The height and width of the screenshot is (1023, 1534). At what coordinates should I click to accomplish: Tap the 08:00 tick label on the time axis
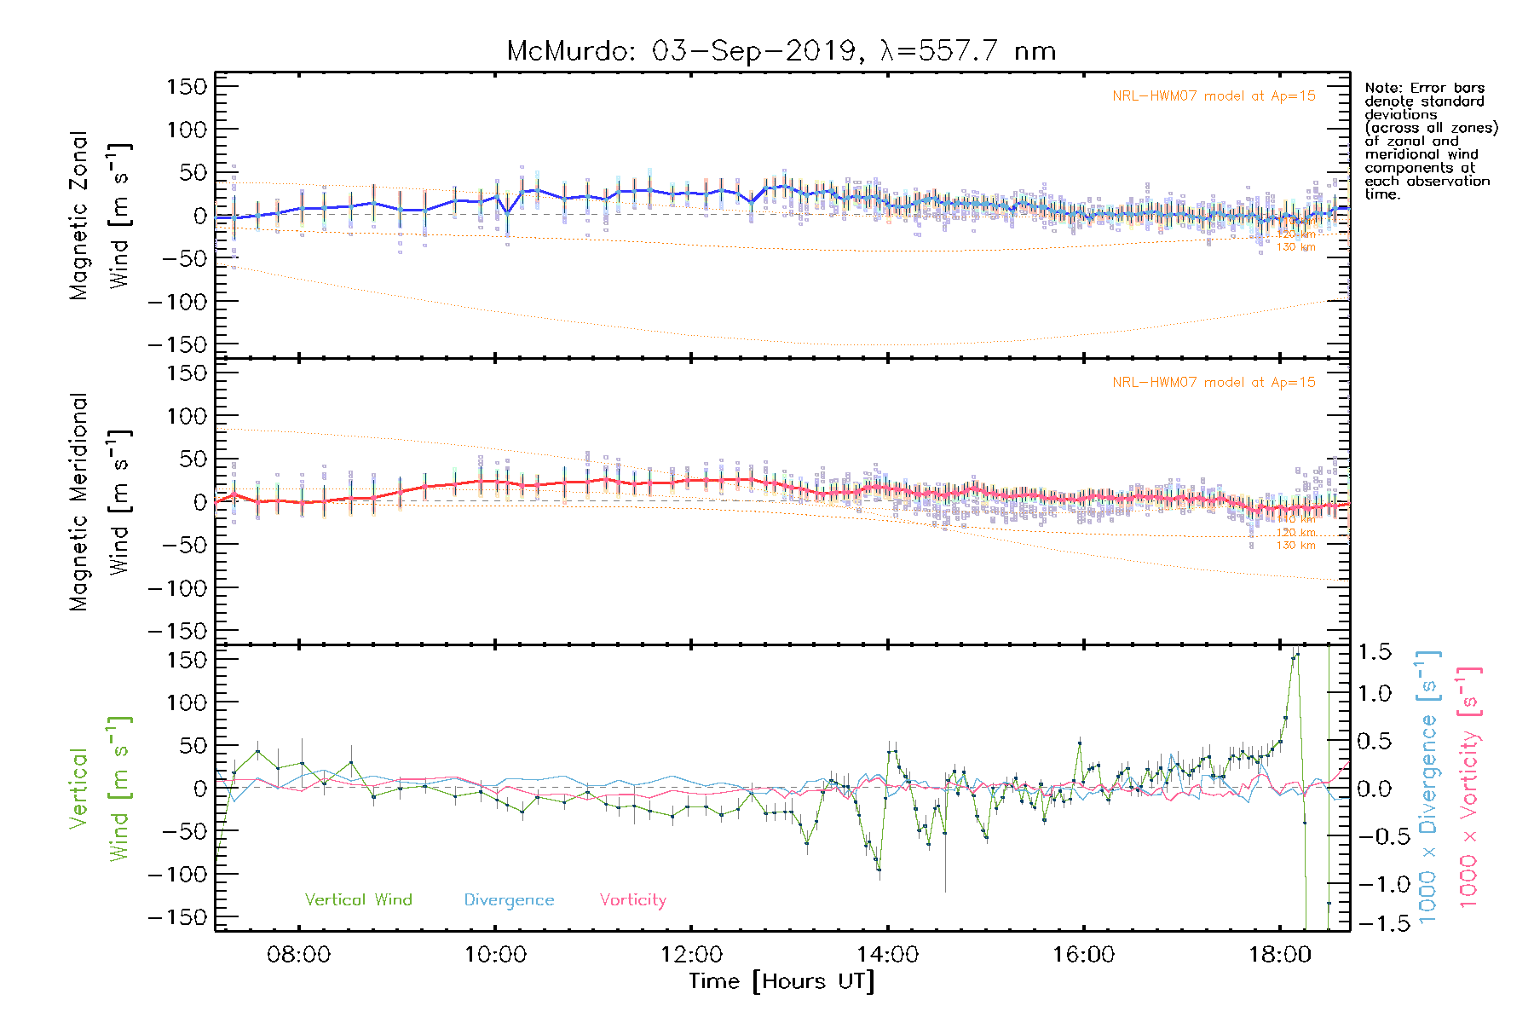click(298, 955)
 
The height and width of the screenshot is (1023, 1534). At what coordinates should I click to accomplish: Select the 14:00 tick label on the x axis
click(887, 955)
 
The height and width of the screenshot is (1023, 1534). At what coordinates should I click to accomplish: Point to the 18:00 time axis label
click(1279, 955)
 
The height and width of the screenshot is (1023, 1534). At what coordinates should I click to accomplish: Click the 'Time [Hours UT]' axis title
click(781, 981)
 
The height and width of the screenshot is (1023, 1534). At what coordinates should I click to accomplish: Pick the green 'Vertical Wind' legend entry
click(358, 900)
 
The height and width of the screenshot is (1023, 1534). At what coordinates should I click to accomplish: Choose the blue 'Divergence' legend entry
click(509, 900)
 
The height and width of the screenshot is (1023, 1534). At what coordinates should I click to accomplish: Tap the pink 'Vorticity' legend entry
click(632, 900)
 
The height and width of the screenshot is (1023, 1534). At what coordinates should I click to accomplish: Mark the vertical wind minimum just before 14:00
click(879, 870)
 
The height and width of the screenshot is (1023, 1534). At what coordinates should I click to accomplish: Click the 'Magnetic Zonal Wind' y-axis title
click(99, 216)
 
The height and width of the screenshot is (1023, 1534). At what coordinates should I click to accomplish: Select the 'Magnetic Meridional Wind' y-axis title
click(99, 502)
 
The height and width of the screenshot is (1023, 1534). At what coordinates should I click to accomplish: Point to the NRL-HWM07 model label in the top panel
click(1214, 96)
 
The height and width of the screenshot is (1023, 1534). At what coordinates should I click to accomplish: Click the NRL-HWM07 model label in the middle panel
click(1214, 383)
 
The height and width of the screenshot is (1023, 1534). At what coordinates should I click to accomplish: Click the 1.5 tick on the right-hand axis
click(1374, 652)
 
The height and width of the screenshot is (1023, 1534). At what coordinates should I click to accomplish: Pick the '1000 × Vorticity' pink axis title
click(1469, 787)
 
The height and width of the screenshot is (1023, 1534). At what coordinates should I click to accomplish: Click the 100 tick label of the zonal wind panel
click(187, 130)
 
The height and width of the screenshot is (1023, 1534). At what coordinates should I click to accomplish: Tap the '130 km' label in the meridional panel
click(1295, 546)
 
